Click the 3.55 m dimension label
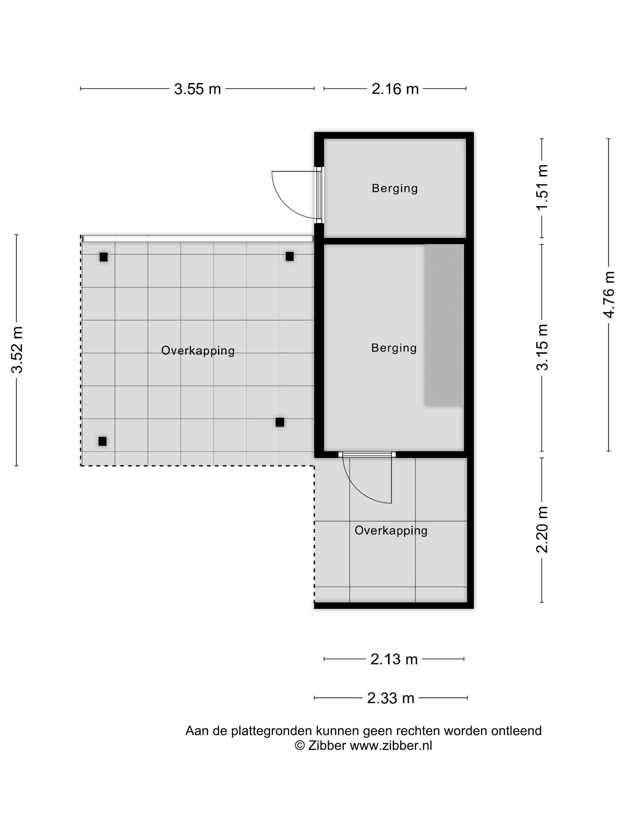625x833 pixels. point(197,89)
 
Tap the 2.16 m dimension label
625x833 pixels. point(395,89)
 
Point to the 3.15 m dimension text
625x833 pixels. point(542,347)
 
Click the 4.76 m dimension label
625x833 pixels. point(609,295)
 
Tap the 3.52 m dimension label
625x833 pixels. point(17,350)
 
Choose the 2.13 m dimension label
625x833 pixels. point(394,659)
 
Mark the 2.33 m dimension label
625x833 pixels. point(391,698)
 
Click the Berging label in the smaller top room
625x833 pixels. point(395,188)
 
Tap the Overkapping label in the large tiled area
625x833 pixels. point(198,350)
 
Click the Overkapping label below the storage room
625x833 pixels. point(391,531)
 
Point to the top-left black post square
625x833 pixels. point(104,257)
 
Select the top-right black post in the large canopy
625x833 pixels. point(290,256)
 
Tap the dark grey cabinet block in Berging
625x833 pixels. point(444,325)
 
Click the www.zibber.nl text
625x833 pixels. point(391,745)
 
